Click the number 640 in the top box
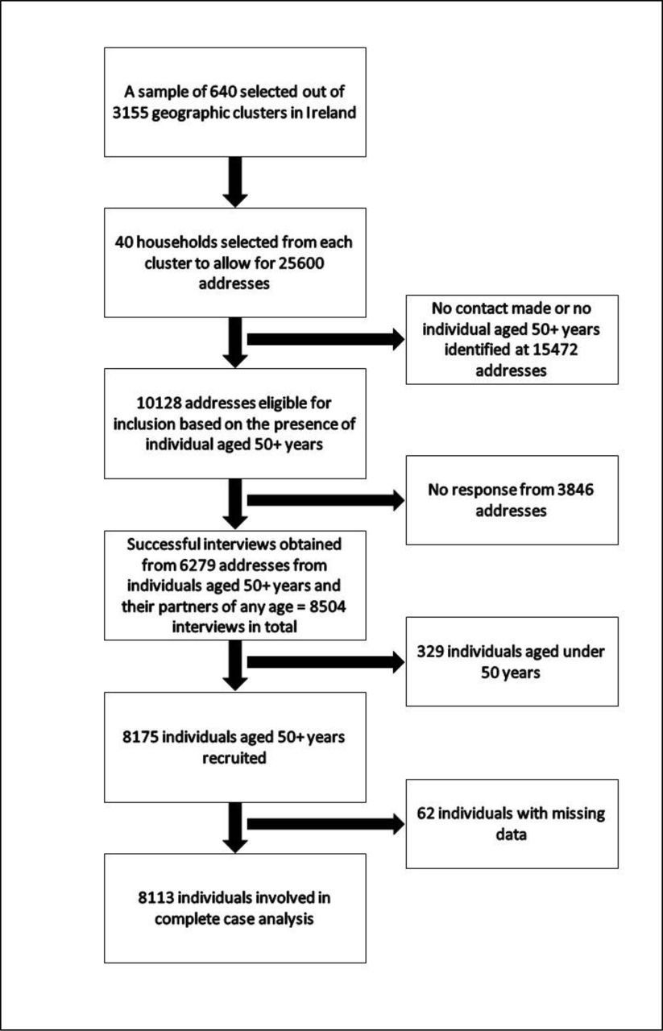click(x=223, y=92)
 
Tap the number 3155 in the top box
click(x=130, y=113)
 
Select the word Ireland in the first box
click(x=330, y=113)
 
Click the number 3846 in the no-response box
click(x=575, y=490)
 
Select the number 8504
click(x=327, y=607)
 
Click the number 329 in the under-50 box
click(x=430, y=652)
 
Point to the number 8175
click(x=140, y=737)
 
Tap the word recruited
click(x=234, y=758)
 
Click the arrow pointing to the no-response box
click(x=326, y=500)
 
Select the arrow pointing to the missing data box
click(x=326, y=824)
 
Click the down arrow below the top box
click(x=235, y=182)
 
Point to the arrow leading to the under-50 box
click(x=326, y=662)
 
